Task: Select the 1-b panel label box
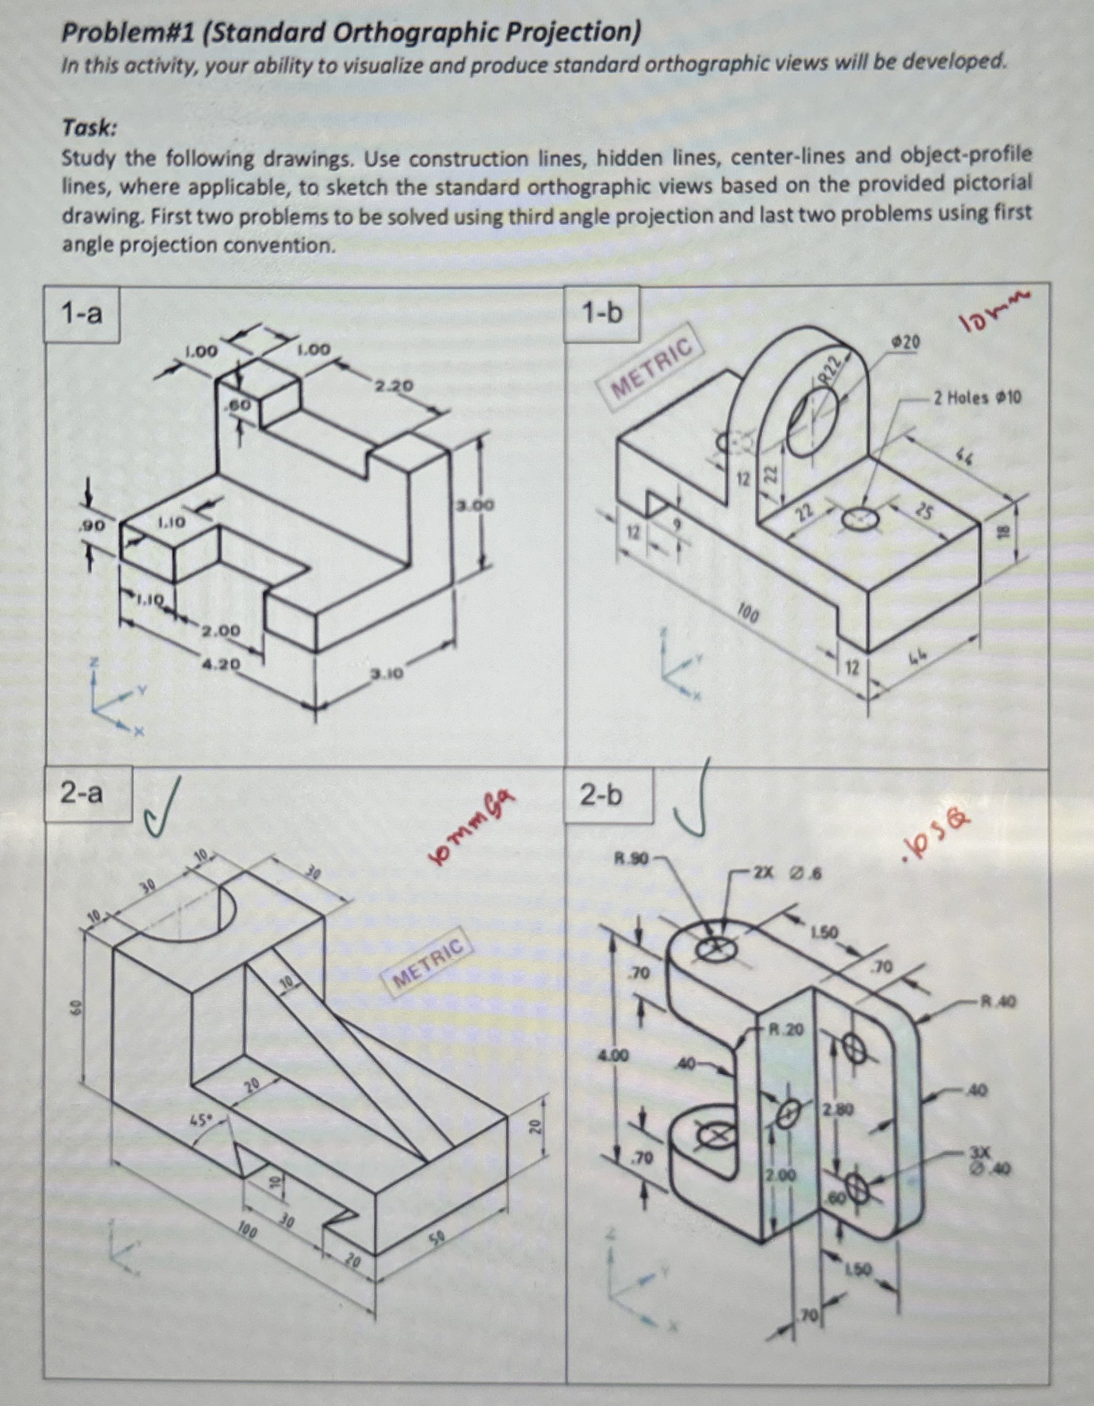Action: [602, 314]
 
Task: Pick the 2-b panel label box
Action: [602, 796]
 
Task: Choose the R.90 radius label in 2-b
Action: [632, 858]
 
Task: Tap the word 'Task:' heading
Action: [89, 129]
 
